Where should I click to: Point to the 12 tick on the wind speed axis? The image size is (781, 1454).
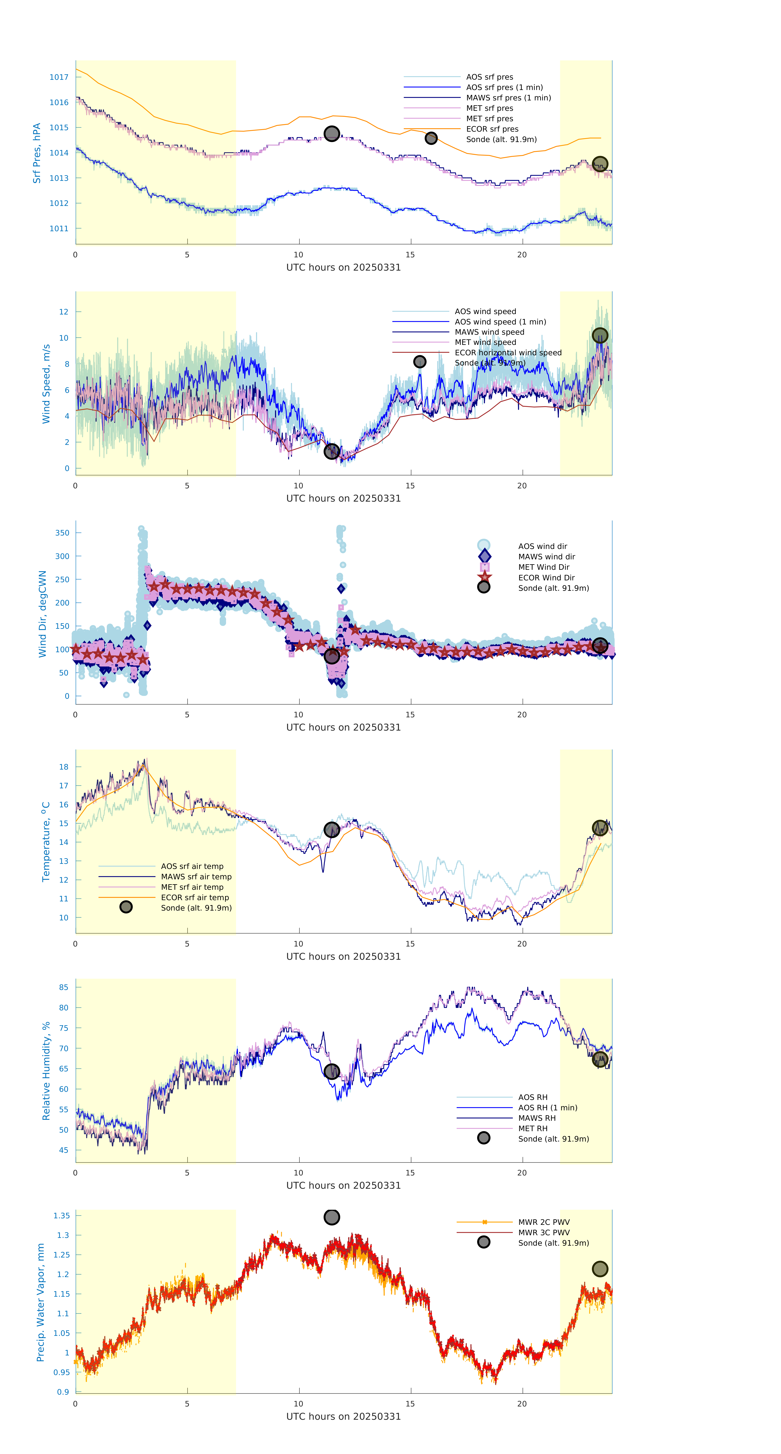(x=64, y=312)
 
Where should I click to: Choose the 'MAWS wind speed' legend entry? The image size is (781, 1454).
(x=489, y=332)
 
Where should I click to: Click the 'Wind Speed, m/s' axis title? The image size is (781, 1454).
(x=46, y=384)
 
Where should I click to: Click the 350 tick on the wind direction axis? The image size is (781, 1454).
(x=62, y=533)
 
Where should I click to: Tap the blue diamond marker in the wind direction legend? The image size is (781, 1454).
(x=484, y=556)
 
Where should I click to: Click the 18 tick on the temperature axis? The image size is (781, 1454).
(x=64, y=767)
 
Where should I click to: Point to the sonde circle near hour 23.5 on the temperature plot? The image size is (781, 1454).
(x=600, y=828)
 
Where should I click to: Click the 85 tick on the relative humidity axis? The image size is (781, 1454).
(x=64, y=987)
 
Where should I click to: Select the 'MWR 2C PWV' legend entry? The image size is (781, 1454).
(x=544, y=1222)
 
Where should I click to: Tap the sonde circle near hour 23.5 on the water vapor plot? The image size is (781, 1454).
(x=600, y=1269)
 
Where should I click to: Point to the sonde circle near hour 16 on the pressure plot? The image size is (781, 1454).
(x=431, y=138)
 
